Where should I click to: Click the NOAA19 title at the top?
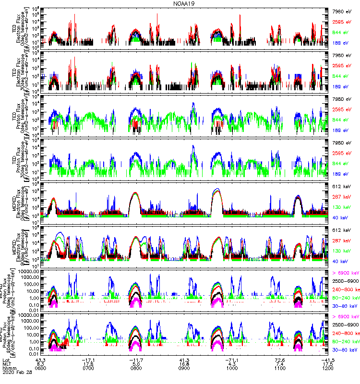tap(183, 3)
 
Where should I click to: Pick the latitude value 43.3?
tap(40, 360)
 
